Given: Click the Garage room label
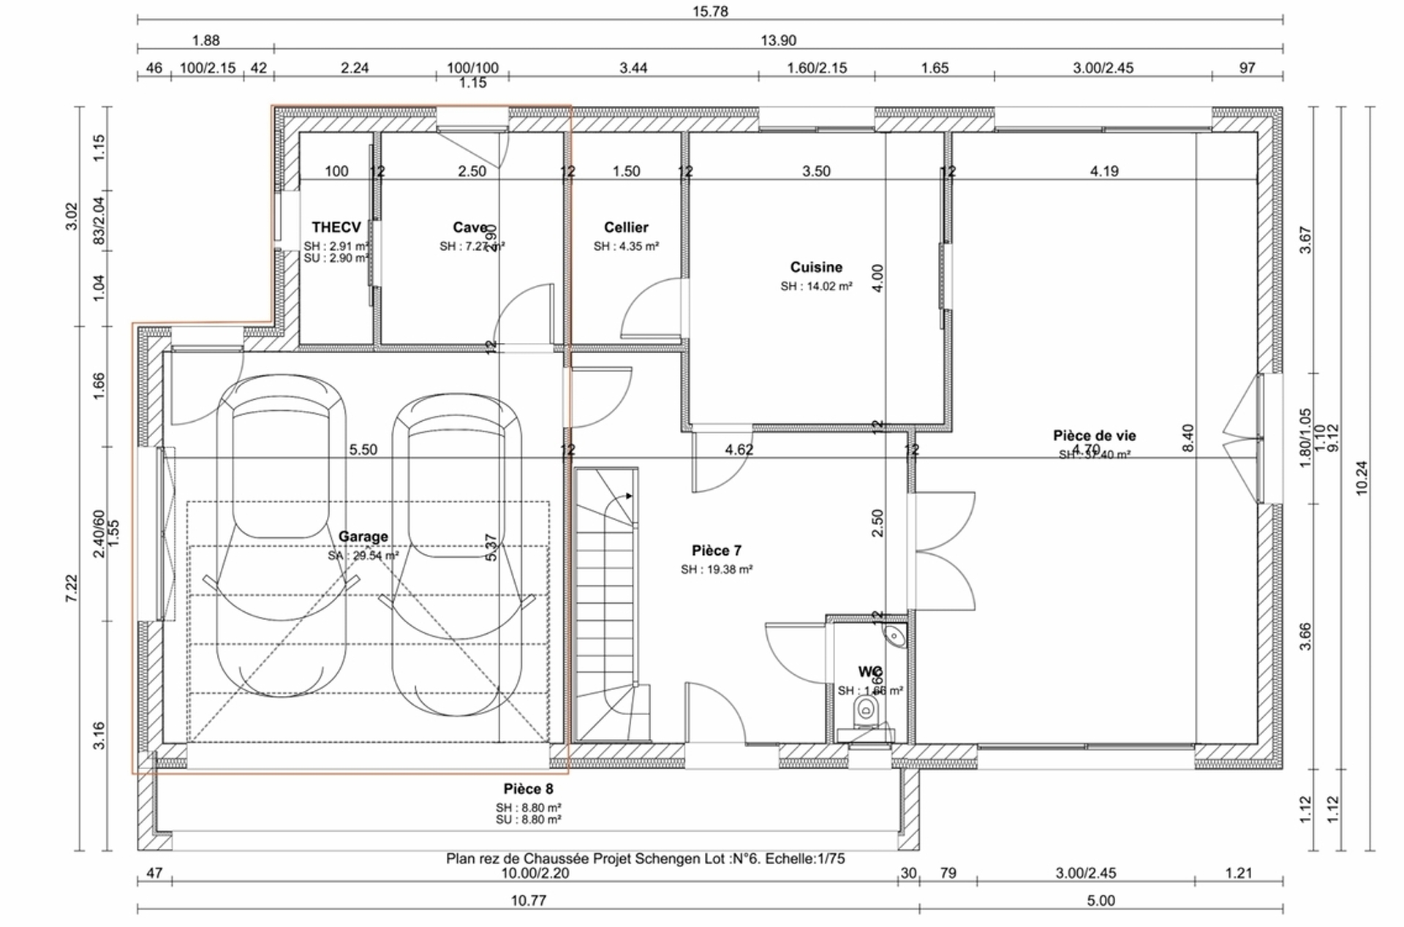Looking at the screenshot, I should pyautogui.click(x=363, y=537).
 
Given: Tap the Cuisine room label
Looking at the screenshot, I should pyautogui.click(x=816, y=268).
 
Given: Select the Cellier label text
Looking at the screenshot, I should pyautogui.click(x=626, y=227).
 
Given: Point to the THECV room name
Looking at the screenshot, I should pyautogui.click(x=336, y=227).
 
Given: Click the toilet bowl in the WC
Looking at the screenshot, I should pyautogui.click(x=866, y=709).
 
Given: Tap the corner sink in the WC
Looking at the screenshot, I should pyautogui.click(x=896, y=636).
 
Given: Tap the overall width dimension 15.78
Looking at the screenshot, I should pyautogui.click(x=710, y=12).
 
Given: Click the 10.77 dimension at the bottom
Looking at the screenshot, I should pyautogui.click(x=528, y=901).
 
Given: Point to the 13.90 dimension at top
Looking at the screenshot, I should pyautogui.click(x=778, y=40).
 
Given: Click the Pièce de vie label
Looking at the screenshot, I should pyautogui.click(x=1094, y=436).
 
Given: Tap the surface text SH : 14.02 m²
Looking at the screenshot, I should pyautogui.click(x=816, y=287).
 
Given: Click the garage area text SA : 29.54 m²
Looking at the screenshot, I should pyautogui.click(x=363, y=556).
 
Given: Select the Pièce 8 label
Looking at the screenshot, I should pyautogui.click(x=528, y=790).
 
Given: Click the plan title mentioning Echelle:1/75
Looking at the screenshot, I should pyautogui.click(x=645, y=858).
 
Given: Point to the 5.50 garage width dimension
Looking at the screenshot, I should pyautogui.click(x=363, y=450).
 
